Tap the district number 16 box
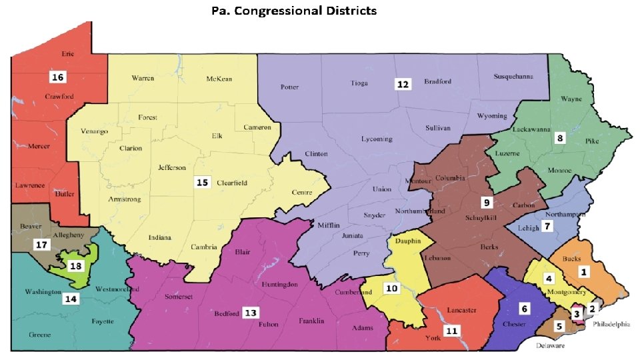[x=58, y=77]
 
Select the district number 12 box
[x=403, y=84]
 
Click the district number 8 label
[x=560, y=139]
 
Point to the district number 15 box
[x=201, y=181]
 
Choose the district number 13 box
[x=250, y=313]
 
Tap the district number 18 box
[x=76, y=266]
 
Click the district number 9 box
[x=487, y=202]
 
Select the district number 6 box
[x=524, y=309]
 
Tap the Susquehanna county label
[x=513, y=77]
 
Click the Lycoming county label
[x=377, y=139]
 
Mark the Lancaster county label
[x=461, y=310]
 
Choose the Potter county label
[x=289, y=87]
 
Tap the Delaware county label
[x=551, y=346]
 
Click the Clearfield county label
[x=231, y=181]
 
